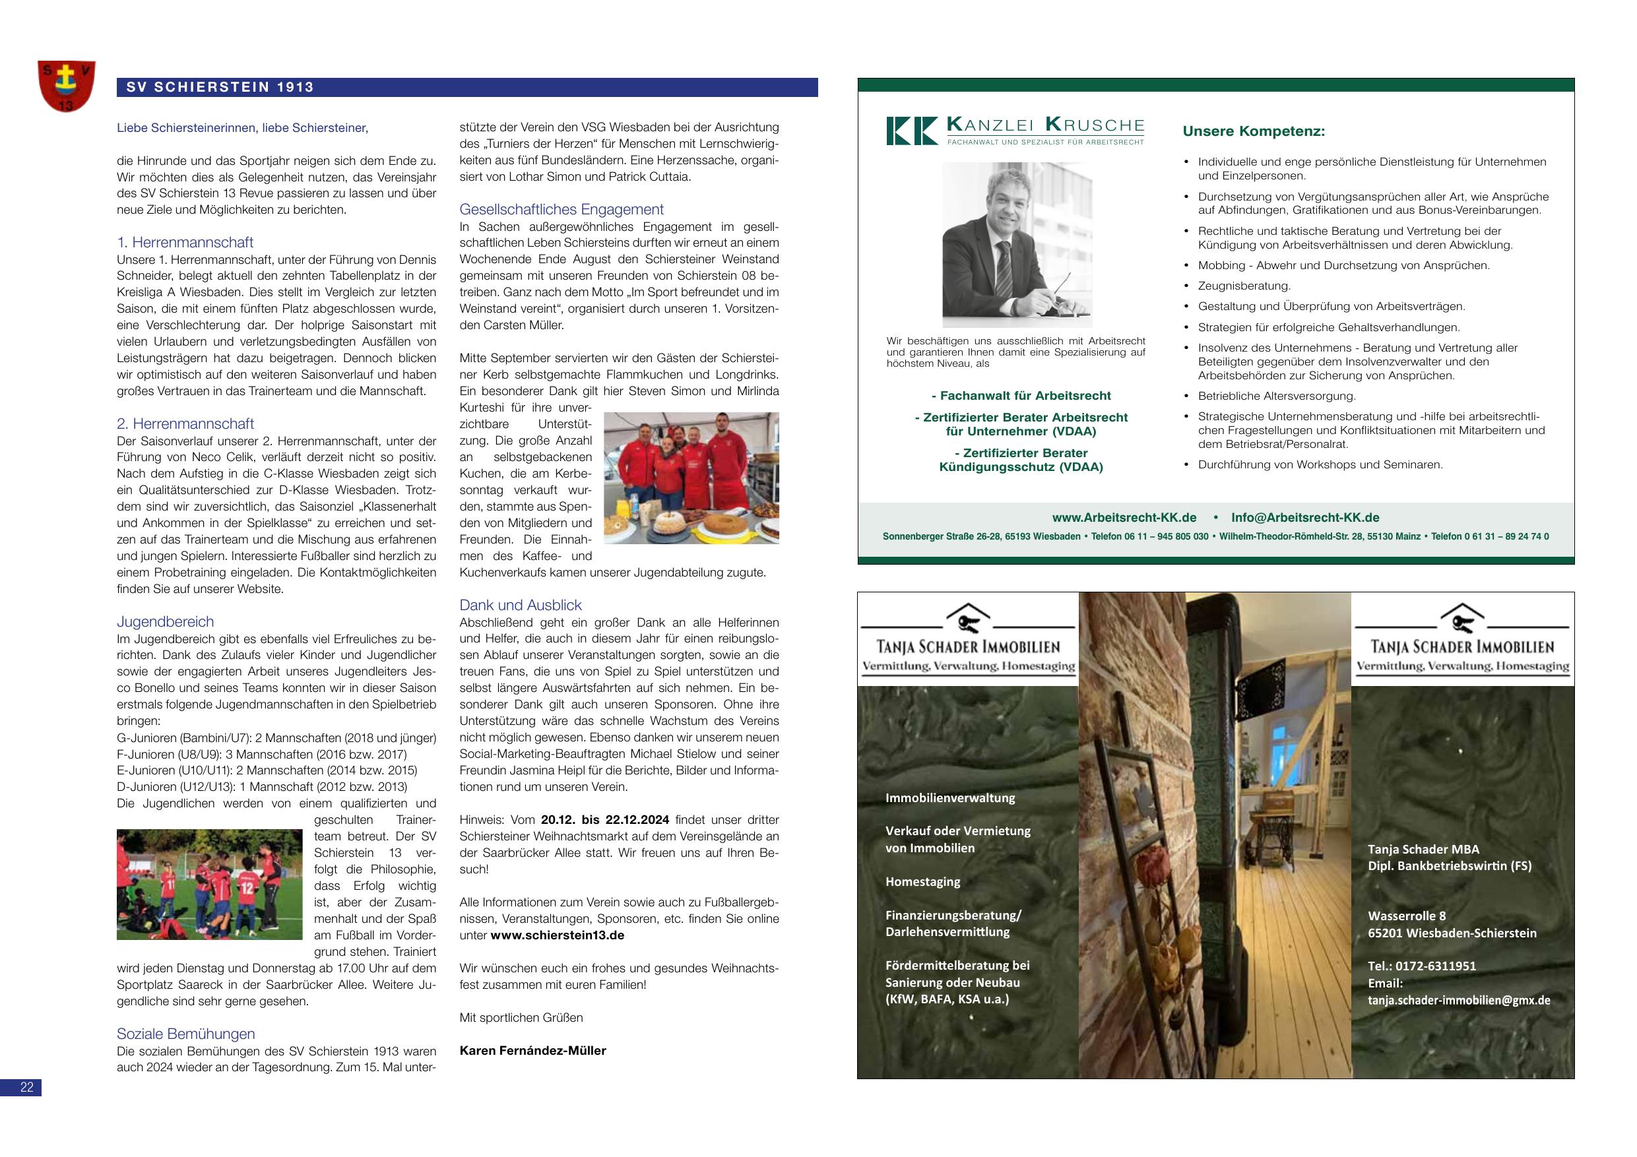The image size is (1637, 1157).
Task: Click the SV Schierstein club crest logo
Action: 66,86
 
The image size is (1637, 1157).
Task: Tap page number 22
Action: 26,1087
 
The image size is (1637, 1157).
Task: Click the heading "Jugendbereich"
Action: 165,621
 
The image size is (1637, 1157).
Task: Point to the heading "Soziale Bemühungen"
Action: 185,1034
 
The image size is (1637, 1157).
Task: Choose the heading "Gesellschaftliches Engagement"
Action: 561,210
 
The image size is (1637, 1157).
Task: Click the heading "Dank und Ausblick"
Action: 521,606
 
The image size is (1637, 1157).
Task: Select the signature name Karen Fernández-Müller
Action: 532,1051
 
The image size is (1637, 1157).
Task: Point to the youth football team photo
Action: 210,884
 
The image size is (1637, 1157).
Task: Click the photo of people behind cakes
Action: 691,478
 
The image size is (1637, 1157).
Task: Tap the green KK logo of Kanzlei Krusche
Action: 911,131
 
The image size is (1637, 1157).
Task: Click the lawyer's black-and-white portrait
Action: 1017,245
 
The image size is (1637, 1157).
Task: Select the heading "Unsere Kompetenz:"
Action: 1254,132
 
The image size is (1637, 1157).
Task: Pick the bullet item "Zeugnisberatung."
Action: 1244,286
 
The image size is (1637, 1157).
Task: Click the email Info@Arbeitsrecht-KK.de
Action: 1304,518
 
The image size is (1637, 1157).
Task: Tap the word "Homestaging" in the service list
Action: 922,882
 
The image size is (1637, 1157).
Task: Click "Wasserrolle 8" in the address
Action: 1407,916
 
